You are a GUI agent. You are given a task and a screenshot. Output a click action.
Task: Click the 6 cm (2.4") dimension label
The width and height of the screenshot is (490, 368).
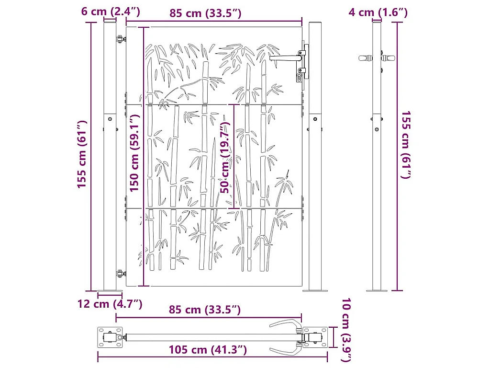coord(111,12)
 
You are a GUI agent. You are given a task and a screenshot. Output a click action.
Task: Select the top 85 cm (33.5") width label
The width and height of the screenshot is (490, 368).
coord(205,13)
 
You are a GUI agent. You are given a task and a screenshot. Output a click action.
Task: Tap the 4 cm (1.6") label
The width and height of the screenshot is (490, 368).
coord(378,12)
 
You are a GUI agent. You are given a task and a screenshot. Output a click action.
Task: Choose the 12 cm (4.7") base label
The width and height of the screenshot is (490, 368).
coord(111,303)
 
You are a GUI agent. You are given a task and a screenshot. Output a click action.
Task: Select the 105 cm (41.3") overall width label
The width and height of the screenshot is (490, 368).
coord(208,350)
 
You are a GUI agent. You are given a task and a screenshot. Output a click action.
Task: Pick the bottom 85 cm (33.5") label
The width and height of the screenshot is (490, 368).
coord(205,310)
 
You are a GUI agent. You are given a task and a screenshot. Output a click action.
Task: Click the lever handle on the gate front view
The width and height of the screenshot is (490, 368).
coord(285,58)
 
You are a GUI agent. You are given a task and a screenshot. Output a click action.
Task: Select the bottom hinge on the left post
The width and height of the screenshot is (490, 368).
coord(120,274)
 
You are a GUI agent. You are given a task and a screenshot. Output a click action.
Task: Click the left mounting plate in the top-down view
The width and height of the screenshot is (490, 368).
coord(108,338)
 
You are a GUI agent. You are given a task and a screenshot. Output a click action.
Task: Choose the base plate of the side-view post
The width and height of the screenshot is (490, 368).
coord(377,290)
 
